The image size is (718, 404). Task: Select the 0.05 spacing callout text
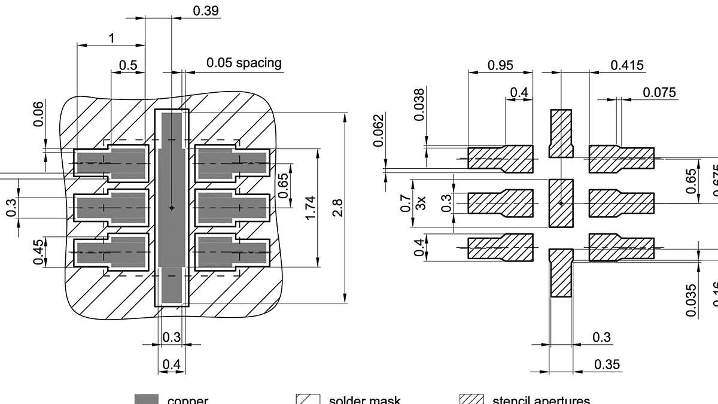pyautogui.click(x=244, y=63)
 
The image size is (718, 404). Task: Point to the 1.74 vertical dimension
pyautogui.click(x=309, y=207)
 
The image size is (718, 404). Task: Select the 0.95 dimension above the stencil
pyautogui.click(x=500, y=65)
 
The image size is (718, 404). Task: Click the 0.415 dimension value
pyautogui.click(x=627, y=65)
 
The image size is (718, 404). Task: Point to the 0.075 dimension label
pyautogui.click(x=659, y=92)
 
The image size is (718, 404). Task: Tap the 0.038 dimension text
pyautogui.click(x=419, y=104)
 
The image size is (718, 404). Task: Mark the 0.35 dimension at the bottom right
pyautogui.click(x=607, y=364)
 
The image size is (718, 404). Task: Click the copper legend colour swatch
pyautogui.click(x=146, y=399)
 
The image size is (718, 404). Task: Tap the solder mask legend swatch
pyautogui.click(x=306, y=399)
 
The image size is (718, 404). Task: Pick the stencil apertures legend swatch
pyautogui.click(x=471, y=399)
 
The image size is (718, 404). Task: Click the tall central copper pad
pyautogui.click(x=172, y=207)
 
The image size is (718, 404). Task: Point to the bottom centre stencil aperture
pyautogui.click(x=561, y=274)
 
